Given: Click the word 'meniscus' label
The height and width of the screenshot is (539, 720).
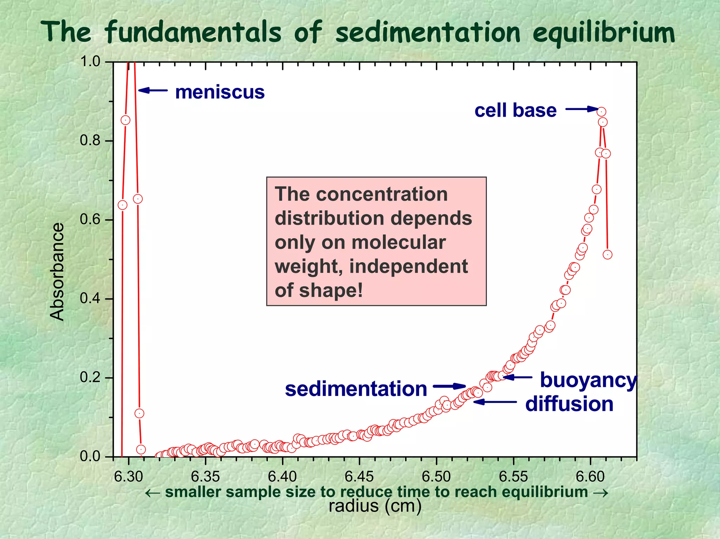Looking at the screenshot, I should click(220, 92).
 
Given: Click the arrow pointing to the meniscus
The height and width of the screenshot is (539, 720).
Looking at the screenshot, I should click(153, 90).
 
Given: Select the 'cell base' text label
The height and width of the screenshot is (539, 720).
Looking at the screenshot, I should click(515, 110).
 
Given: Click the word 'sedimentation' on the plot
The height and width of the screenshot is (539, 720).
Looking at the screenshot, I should click(356, 389).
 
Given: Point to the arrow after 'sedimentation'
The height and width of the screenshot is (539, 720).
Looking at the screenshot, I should click(449, 386).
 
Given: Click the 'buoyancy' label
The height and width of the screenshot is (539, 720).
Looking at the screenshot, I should click(588, 380).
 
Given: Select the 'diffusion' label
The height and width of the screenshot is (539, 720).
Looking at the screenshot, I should click(569, 404).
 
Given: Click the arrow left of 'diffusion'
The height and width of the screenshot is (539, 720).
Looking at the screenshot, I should click(495, 401).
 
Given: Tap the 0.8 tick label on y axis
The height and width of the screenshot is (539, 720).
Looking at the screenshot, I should click(90, 141).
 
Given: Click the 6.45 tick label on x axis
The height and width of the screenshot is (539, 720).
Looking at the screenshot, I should click(359, 477).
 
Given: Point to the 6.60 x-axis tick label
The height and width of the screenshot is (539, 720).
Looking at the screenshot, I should click(590, 477).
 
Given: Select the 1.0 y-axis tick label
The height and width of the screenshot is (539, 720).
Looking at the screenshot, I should click(90, 62).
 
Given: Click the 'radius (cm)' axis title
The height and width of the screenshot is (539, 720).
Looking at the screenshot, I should click(375, 506).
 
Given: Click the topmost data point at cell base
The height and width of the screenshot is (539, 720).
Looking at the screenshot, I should click(601, 112).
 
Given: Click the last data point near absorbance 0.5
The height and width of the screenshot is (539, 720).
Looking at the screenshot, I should click(607, 254).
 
